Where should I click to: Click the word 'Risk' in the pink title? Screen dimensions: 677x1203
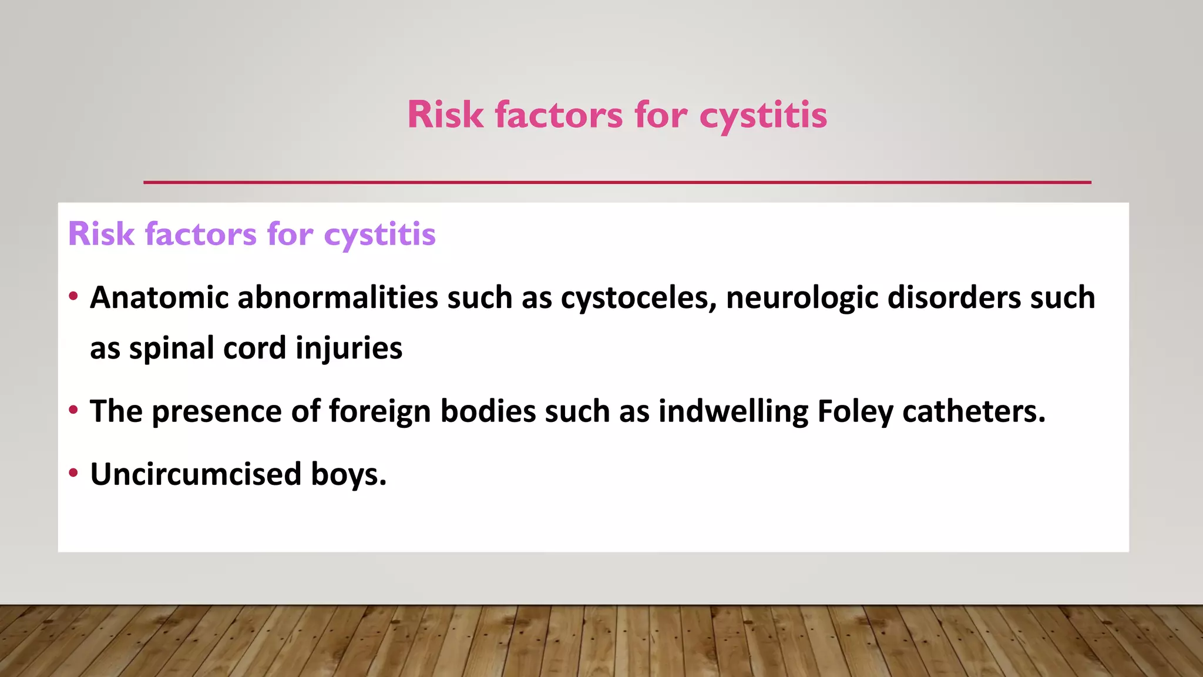(445, 115)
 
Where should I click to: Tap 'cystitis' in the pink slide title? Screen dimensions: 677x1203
(763, 116)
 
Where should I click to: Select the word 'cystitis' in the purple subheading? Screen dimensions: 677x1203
(379, 234)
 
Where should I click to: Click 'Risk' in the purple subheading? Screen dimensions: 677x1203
(101, 234)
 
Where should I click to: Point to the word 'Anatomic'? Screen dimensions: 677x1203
(159, 297)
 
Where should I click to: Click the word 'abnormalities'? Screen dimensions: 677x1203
(338, 297)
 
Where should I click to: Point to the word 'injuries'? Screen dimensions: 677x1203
(349, 348)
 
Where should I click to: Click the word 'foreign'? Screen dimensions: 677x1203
(379, 411)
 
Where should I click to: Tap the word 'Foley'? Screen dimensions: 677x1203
(855, 411)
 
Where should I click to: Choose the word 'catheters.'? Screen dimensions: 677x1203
(974, 411)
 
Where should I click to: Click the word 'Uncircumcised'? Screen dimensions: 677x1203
(196, 474)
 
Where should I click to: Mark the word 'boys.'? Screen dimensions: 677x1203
(348, 474)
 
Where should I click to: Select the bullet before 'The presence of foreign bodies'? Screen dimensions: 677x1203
(73, 410)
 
